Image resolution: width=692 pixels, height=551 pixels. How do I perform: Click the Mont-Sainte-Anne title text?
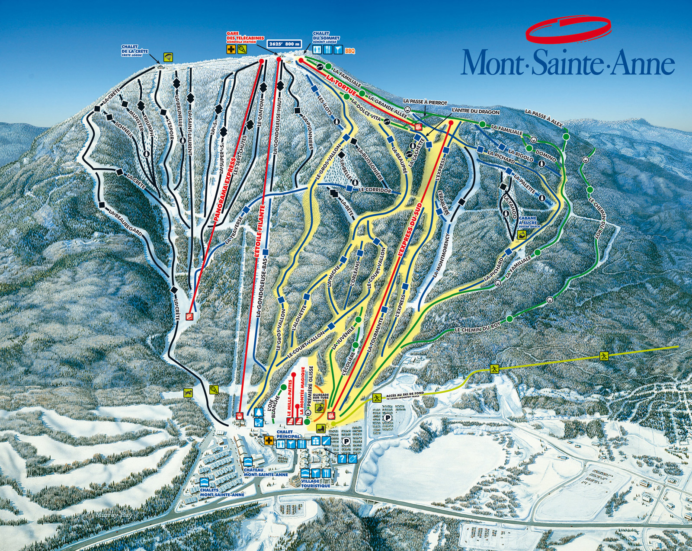point(567,63)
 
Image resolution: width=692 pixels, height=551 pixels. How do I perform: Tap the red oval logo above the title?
point(567,29)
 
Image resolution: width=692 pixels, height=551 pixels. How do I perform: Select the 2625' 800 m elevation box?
point(284,44)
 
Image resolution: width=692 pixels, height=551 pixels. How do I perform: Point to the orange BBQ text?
point(349,51)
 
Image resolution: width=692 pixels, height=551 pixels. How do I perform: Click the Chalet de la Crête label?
point(134,51)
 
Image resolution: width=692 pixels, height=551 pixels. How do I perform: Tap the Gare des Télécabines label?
point(245,37)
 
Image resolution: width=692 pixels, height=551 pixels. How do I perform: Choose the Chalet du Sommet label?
point(326,37)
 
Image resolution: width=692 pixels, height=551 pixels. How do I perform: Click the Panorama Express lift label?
point(225,191)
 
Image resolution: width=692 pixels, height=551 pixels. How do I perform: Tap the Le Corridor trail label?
point(375,190)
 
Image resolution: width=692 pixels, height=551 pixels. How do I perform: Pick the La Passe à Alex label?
point(544,118)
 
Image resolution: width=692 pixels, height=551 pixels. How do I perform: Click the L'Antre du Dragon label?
point(475,112)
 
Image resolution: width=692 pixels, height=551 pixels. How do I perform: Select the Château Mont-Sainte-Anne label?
point(266,472)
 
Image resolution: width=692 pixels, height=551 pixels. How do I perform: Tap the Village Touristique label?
point(316,483)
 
